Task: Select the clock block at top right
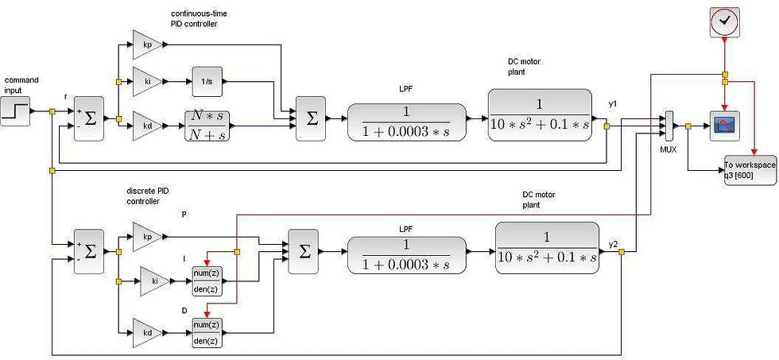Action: (723, 21)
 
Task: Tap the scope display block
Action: (724, 125)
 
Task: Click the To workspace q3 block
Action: (750, 170)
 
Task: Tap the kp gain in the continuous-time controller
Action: (147, 45)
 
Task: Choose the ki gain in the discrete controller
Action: (155, 281)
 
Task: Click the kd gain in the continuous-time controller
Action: (147, 126)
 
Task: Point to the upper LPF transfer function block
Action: (406, 121)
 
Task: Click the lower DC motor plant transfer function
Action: (546, 248)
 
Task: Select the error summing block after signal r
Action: (89, 120)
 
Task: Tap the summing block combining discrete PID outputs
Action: (302, 250)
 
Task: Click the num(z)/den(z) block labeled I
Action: (207, 281)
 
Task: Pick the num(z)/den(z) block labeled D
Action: (207, 331)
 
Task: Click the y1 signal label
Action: (612, 105)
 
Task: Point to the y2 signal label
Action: (613, 243)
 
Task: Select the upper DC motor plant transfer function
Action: (539, 114)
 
